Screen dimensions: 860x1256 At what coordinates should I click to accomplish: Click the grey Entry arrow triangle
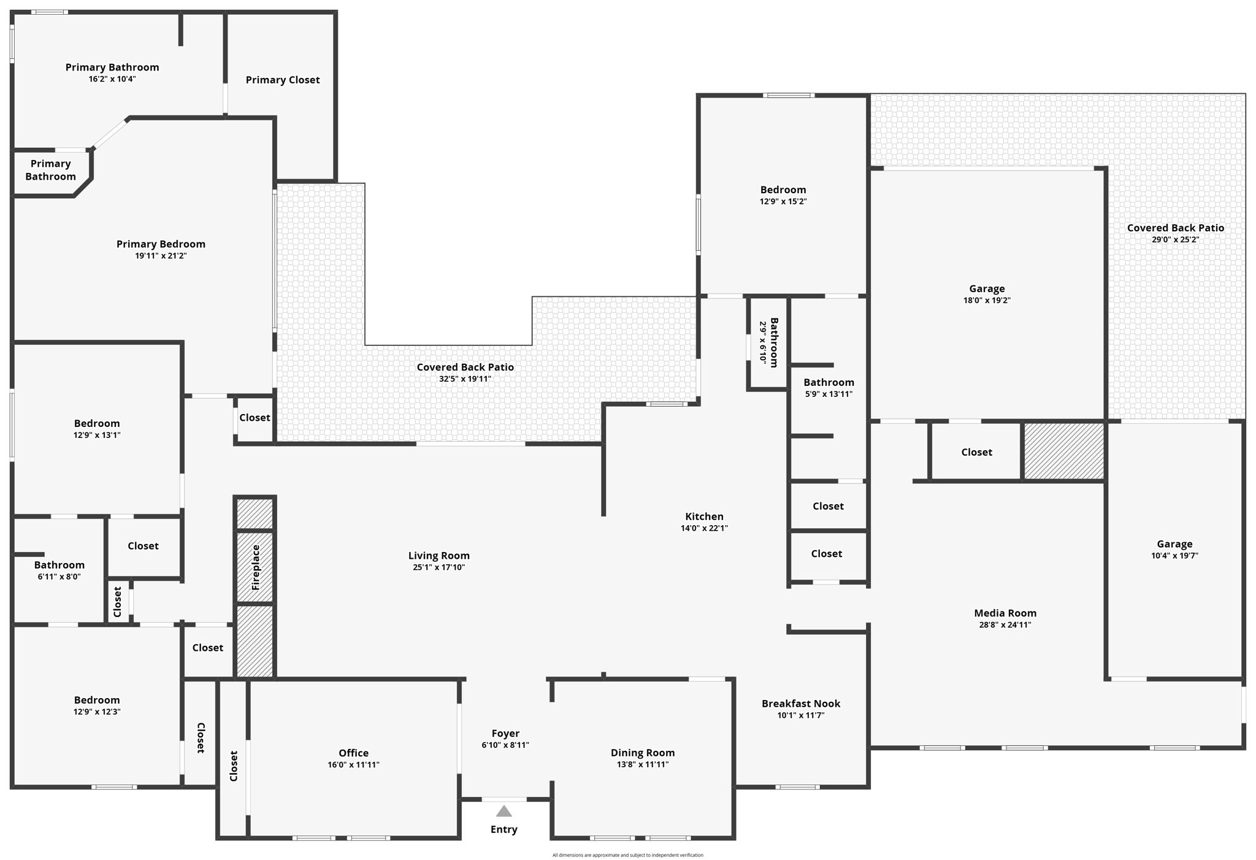[504, 812]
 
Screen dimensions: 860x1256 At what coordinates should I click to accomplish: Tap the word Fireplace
[256, 567]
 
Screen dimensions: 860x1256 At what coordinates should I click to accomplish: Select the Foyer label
[505, 734]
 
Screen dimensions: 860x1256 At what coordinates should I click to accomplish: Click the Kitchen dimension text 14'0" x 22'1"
[704, 528]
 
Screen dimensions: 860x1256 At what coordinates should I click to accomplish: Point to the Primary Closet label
[283, 80]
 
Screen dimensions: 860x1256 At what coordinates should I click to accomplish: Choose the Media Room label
[1005, 613]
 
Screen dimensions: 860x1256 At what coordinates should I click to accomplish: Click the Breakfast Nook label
[801, 704]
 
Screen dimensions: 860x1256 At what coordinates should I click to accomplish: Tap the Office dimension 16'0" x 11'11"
[353, 765]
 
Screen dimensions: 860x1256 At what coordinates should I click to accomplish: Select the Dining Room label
[643, 753]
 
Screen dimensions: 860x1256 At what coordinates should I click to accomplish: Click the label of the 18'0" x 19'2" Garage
[987, 288]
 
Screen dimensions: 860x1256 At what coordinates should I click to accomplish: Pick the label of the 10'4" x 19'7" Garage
[1174, 544]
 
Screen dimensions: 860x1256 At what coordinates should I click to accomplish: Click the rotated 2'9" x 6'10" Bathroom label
[774, 342]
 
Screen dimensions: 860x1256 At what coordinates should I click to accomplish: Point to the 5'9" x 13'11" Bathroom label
[829, 382]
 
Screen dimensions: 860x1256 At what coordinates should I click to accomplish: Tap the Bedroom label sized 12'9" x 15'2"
[783, 190]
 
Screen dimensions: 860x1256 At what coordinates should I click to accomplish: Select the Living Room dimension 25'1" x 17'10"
[438, 567]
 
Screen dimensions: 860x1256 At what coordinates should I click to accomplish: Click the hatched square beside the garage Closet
[1064, 451]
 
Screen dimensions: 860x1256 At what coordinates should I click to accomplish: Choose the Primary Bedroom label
[161, 244]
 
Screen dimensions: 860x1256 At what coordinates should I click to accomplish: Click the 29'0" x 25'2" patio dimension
[1175, 240]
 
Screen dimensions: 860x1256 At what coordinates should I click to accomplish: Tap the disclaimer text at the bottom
[627, 855]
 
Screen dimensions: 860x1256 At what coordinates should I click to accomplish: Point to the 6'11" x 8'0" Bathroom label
[59, 565]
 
